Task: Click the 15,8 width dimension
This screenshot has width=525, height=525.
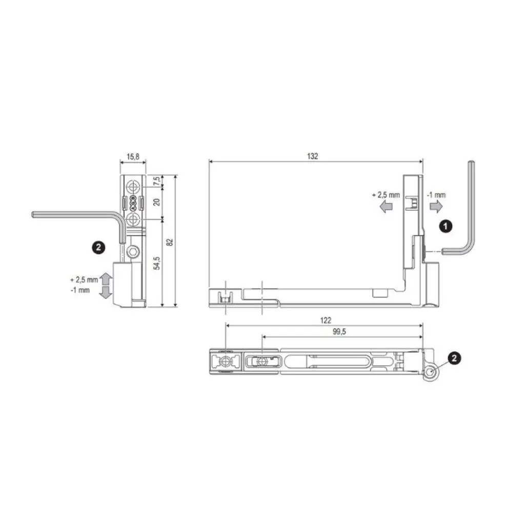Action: (x=133, y=156)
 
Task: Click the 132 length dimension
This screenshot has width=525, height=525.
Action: (x=313, y=156)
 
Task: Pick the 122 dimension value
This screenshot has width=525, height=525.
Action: (x=325, y=320)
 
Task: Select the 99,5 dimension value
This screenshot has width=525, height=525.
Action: (x=339, y=332)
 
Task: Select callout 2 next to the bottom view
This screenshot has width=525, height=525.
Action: (x=454, y=357)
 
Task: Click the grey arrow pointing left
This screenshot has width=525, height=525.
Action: (x=385, y=206)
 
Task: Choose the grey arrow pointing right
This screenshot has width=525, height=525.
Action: (x=435, y=206)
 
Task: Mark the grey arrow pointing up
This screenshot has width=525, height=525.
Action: (x=106, y=279)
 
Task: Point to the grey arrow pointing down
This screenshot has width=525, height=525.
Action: (x=106, y=292)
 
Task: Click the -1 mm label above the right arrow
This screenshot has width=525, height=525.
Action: (x=436, y=195)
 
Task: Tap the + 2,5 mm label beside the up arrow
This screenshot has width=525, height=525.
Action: (x=83, y=280)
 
